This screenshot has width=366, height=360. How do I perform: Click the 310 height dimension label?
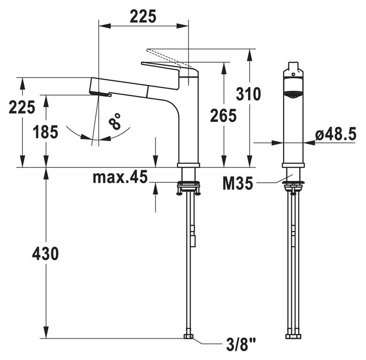click(x=248, y=94)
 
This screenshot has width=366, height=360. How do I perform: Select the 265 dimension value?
click(x=223, y=115)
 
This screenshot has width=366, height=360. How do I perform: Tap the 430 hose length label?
click(x=45, y=253)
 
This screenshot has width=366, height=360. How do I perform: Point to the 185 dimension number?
click(x=45, y=132)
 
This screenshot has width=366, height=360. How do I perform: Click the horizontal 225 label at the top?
click(x=143, y=17)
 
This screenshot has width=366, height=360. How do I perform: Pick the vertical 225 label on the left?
click(x=22, y=107)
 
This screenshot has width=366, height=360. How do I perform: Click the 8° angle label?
click(x=115, y=121)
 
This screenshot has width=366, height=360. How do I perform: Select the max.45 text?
click(x=120, y=177)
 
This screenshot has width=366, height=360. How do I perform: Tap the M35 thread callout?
click(x=237, y=183)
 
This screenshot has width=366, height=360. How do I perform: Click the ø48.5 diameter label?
click(x=336, y=134)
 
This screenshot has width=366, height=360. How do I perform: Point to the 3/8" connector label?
click(x=241, y=345)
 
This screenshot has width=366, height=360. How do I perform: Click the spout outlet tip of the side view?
click(x=101, y=94)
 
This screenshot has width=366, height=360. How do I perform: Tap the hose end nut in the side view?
click(x=188, y=336)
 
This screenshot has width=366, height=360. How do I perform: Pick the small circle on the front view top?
click(x=293, y=75)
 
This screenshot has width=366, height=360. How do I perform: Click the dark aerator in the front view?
click(x=293, y=94)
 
